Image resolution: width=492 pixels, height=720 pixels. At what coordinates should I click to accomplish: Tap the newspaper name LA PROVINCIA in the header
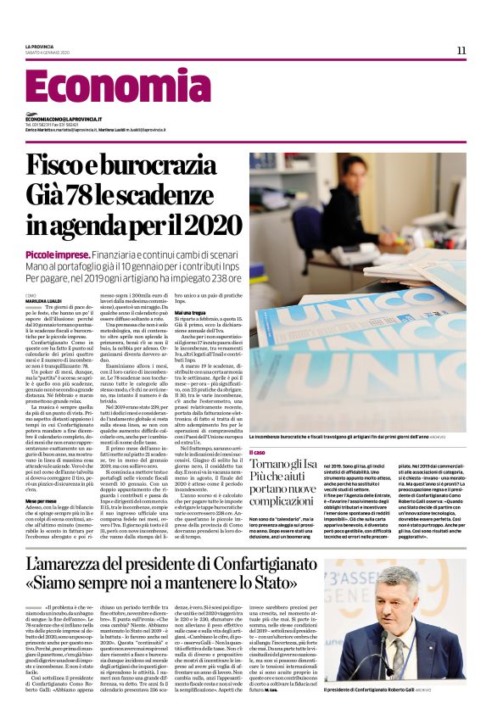[x=39, y=47]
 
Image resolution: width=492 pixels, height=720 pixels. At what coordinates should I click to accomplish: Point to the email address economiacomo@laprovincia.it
[x=64, y=120]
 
